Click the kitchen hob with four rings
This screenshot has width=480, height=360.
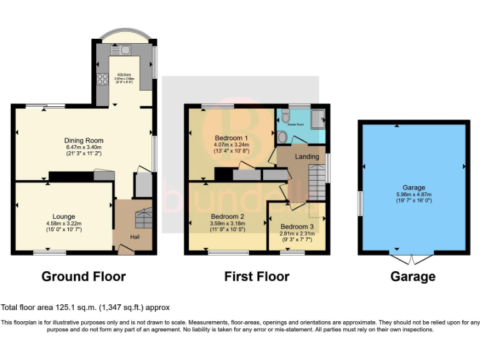(x=102, y=79)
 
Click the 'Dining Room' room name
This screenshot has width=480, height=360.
(x=84, y=141)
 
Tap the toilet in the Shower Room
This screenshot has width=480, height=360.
(x=285, y=116)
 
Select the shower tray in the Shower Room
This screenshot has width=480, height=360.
(x=319, y=117)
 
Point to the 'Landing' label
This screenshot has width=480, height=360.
(x=307, y=156)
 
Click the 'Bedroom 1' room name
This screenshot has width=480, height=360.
(x=231, y=137)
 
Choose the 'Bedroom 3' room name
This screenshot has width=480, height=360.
(x=296, y=226)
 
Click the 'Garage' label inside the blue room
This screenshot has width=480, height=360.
(x=413, y=187)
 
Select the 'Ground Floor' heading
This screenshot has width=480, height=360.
(x=84, y=276)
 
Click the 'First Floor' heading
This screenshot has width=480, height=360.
(x=257, y=276)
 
